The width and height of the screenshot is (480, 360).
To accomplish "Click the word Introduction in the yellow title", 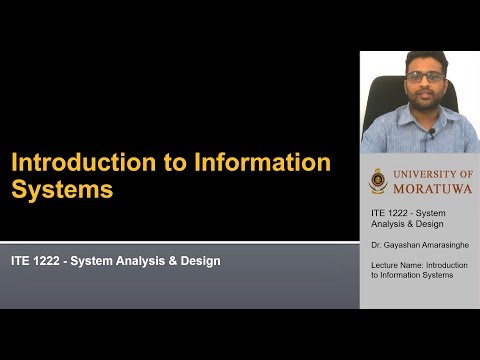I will pyautogui.click(x=75, y=162).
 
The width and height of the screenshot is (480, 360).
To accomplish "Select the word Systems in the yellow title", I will pyautogui.click(x=62, y=189).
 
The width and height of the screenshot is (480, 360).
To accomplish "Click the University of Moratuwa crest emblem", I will pyautogui.click(x=377, y=181).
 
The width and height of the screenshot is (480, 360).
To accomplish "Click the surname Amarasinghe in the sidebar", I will pyautogui.click(x=429, y=243).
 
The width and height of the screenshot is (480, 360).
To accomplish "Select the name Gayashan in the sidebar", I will pyautogui.click(x=397, y=243).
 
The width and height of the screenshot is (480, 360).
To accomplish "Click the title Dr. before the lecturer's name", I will pyautogui.click(x=376, y=243).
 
